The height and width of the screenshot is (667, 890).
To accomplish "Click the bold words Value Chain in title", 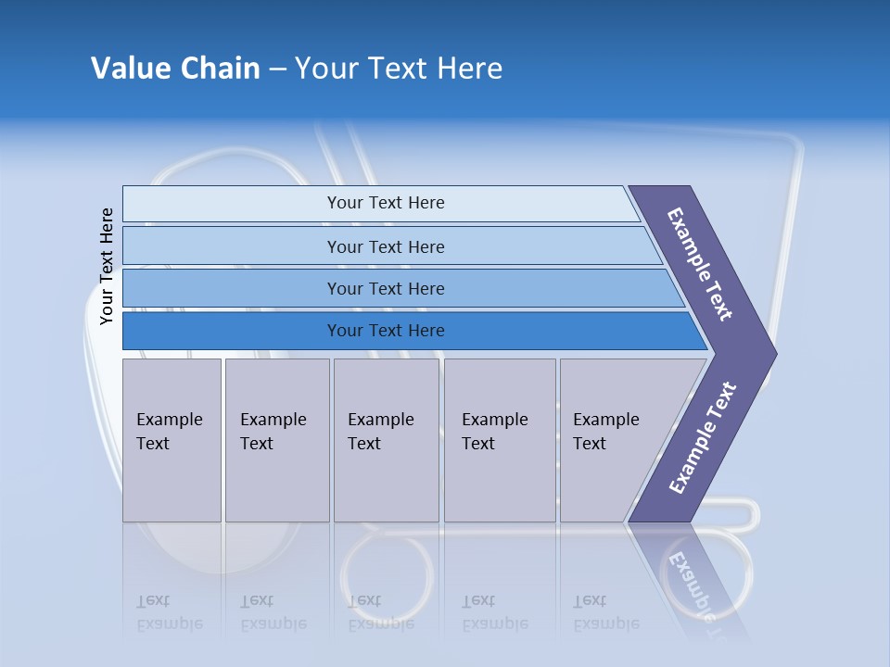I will tap(175, 69).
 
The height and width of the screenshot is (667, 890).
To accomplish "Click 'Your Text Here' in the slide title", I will tap(399, 69).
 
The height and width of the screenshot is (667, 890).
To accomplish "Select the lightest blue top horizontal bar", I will tap(385, 203).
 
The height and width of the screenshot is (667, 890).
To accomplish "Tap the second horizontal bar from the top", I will tap(385, 246).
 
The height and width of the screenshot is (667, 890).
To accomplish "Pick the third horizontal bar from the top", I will tap(385, 288).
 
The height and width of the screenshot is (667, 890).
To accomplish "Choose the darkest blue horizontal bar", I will tap(385, 331).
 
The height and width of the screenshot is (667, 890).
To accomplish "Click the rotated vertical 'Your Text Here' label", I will tap(107, 267).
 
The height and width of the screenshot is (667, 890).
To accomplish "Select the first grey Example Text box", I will tap(172, 440).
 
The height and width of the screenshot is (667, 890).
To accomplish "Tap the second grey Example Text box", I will tap(276, 440).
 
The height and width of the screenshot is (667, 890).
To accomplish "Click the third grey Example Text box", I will tap(386, 440).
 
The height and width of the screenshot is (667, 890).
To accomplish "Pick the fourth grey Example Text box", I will tap(499, 440).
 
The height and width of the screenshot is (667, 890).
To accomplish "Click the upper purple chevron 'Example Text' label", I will tap(701, 264).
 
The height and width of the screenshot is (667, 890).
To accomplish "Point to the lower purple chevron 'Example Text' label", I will tap(703, 437).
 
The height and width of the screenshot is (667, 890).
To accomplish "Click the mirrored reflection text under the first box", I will tap(169, 612).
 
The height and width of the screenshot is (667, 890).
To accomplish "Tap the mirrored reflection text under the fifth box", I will tap(606, 612).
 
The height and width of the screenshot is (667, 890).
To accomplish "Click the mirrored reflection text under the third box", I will tap(380, 612).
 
